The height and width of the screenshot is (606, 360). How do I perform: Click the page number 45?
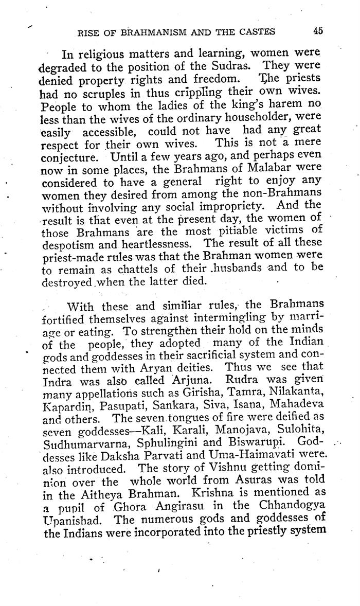317,31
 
